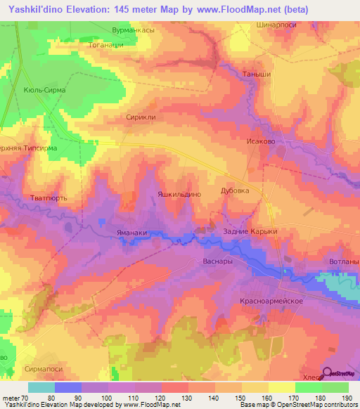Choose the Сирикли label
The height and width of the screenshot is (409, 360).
pos(139,119)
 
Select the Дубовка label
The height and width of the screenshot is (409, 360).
pos(235,190)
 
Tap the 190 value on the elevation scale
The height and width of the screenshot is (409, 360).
pos(347,398)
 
